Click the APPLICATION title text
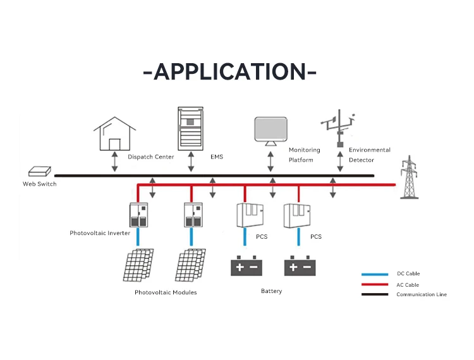(230, 72)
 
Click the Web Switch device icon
(39, 172)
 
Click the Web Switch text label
(39, 184)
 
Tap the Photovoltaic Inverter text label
(100, 233)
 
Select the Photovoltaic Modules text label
(166, 292)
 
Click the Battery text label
(271, 291)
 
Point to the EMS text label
(217, 157)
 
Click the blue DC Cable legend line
(374, 274)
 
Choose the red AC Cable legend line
(374, 284)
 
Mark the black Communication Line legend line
(374, 294)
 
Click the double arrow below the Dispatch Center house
(114, 162)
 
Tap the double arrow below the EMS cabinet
(191, 162)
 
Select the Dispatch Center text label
(150, 157)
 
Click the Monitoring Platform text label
(305, 155)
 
